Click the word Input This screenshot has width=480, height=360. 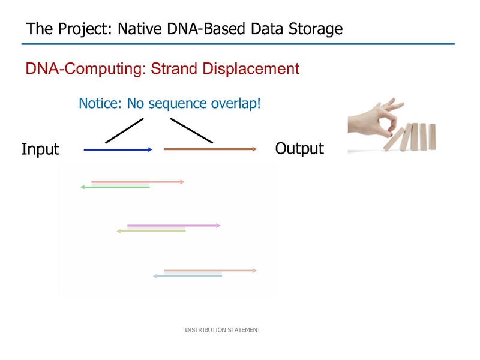click(40, 149)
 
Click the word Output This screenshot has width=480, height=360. click(299, 148)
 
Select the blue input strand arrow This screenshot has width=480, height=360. click(118, 149)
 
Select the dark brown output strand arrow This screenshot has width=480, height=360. click(210, 149)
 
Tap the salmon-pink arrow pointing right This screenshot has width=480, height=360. click(138, 182)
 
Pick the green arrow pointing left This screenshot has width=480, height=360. click(115, 187)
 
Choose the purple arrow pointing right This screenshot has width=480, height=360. click(174, 226)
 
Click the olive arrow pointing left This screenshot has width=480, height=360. click(151, 231)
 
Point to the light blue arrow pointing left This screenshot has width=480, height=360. click(188, 276)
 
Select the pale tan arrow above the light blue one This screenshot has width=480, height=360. click(211, 271)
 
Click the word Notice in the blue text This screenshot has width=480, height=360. click(100, 103)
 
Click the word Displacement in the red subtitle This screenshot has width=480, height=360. click(251, 68)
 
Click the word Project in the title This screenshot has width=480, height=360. click(85, 29)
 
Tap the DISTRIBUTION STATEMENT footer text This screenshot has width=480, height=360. click(223, 330)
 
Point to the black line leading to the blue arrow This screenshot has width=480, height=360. click(124, 131)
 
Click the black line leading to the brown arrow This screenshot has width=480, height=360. click(191, 131)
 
